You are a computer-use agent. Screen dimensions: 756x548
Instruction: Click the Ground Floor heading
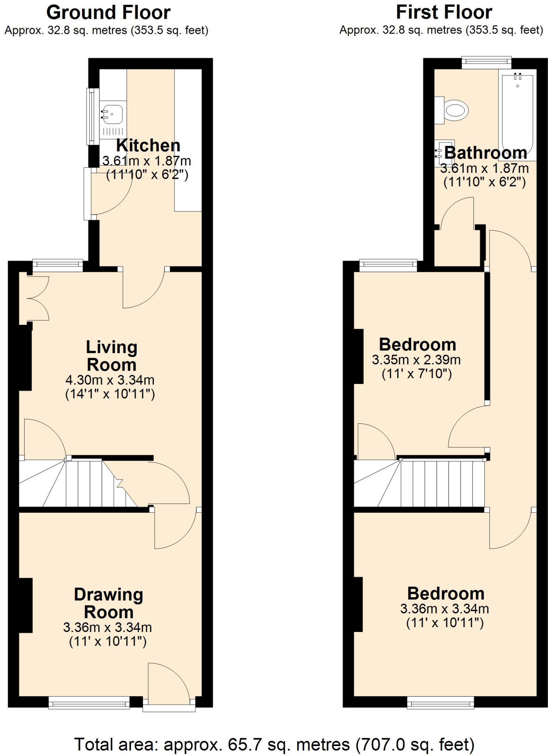(x=108, y=13)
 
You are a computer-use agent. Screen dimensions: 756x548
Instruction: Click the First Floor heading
(x=444, y=13)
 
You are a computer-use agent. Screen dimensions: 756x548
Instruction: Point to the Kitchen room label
(x=148, y=145)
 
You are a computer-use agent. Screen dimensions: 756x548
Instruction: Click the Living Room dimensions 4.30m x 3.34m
(x=110, y=379)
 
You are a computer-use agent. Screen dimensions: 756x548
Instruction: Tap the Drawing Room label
(x=109, y=604)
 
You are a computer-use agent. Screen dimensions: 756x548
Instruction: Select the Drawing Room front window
(x=89, y=702)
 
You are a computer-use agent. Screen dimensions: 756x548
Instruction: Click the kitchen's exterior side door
(x=87, y=193)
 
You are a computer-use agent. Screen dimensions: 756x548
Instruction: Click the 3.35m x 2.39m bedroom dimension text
(x=416, y=360)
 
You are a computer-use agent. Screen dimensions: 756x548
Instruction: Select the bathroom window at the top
(x=486, y=62)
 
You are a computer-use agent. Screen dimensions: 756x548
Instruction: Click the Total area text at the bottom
(x=274, y=744)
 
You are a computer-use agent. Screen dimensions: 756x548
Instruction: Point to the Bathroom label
(x=485, y=153)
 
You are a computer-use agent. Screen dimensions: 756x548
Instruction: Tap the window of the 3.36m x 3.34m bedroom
(x=441, y=702)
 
